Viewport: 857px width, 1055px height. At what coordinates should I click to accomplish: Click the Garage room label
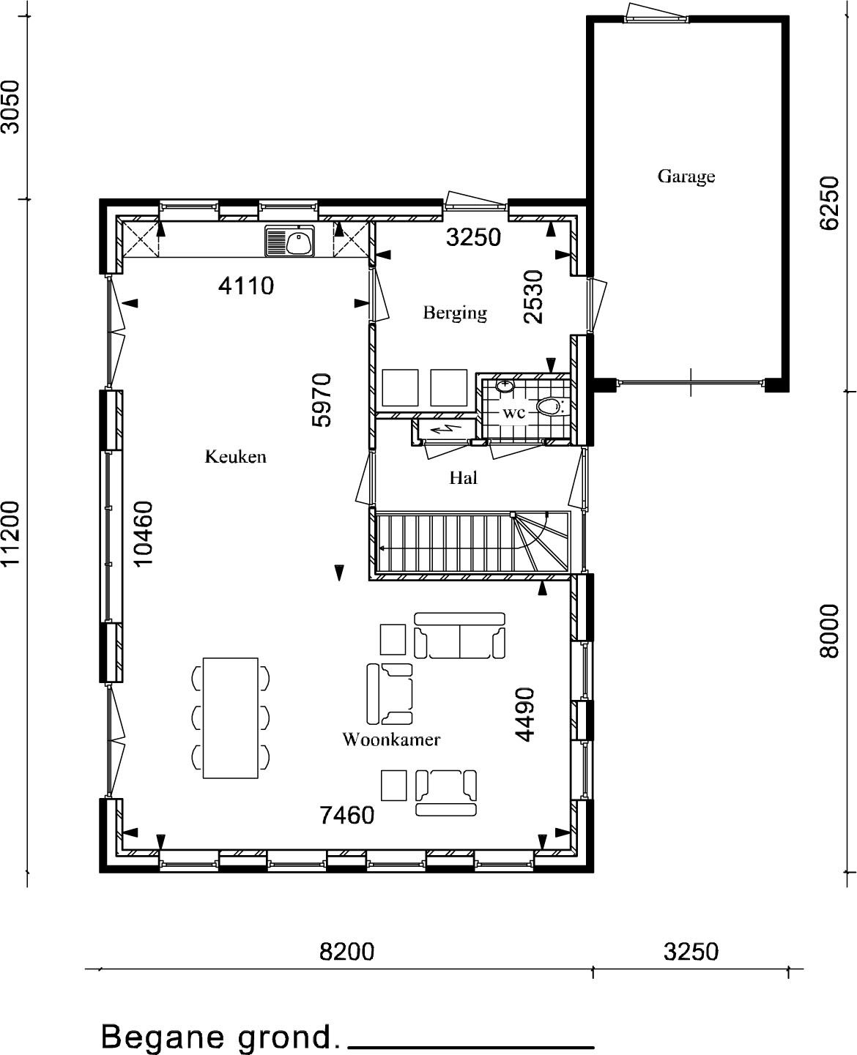pos(686,177)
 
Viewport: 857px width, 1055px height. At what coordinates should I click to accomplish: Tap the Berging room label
pos(455,313)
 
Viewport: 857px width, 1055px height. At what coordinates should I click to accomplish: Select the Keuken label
pos(235,456)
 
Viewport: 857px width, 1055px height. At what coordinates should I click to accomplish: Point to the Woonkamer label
pos(391,740)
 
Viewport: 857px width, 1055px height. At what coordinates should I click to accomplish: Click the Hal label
pos(463,478)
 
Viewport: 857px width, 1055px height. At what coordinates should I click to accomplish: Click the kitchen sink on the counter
pos(290,241)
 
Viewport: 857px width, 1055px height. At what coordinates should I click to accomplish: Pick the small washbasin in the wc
pos(505,386)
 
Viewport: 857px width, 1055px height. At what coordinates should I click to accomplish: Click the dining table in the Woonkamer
pos(230,718)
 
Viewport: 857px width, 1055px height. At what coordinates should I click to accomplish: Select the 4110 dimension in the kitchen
pos(245,286)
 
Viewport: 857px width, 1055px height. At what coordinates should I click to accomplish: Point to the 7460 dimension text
pos(346,816)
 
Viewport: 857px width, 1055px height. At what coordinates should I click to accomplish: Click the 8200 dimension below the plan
pos(346,952)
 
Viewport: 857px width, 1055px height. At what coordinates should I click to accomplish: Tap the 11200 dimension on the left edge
pos(10,534)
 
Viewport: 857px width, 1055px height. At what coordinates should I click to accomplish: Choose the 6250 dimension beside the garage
pos(829,203)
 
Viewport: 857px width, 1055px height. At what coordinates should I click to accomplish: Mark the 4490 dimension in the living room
pos(524,715)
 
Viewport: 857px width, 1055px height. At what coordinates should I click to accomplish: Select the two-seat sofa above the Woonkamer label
pos(460,635)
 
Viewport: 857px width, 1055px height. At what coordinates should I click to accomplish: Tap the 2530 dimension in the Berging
pos(533,297)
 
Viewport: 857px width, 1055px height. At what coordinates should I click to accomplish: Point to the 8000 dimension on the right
pos(829,630)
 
